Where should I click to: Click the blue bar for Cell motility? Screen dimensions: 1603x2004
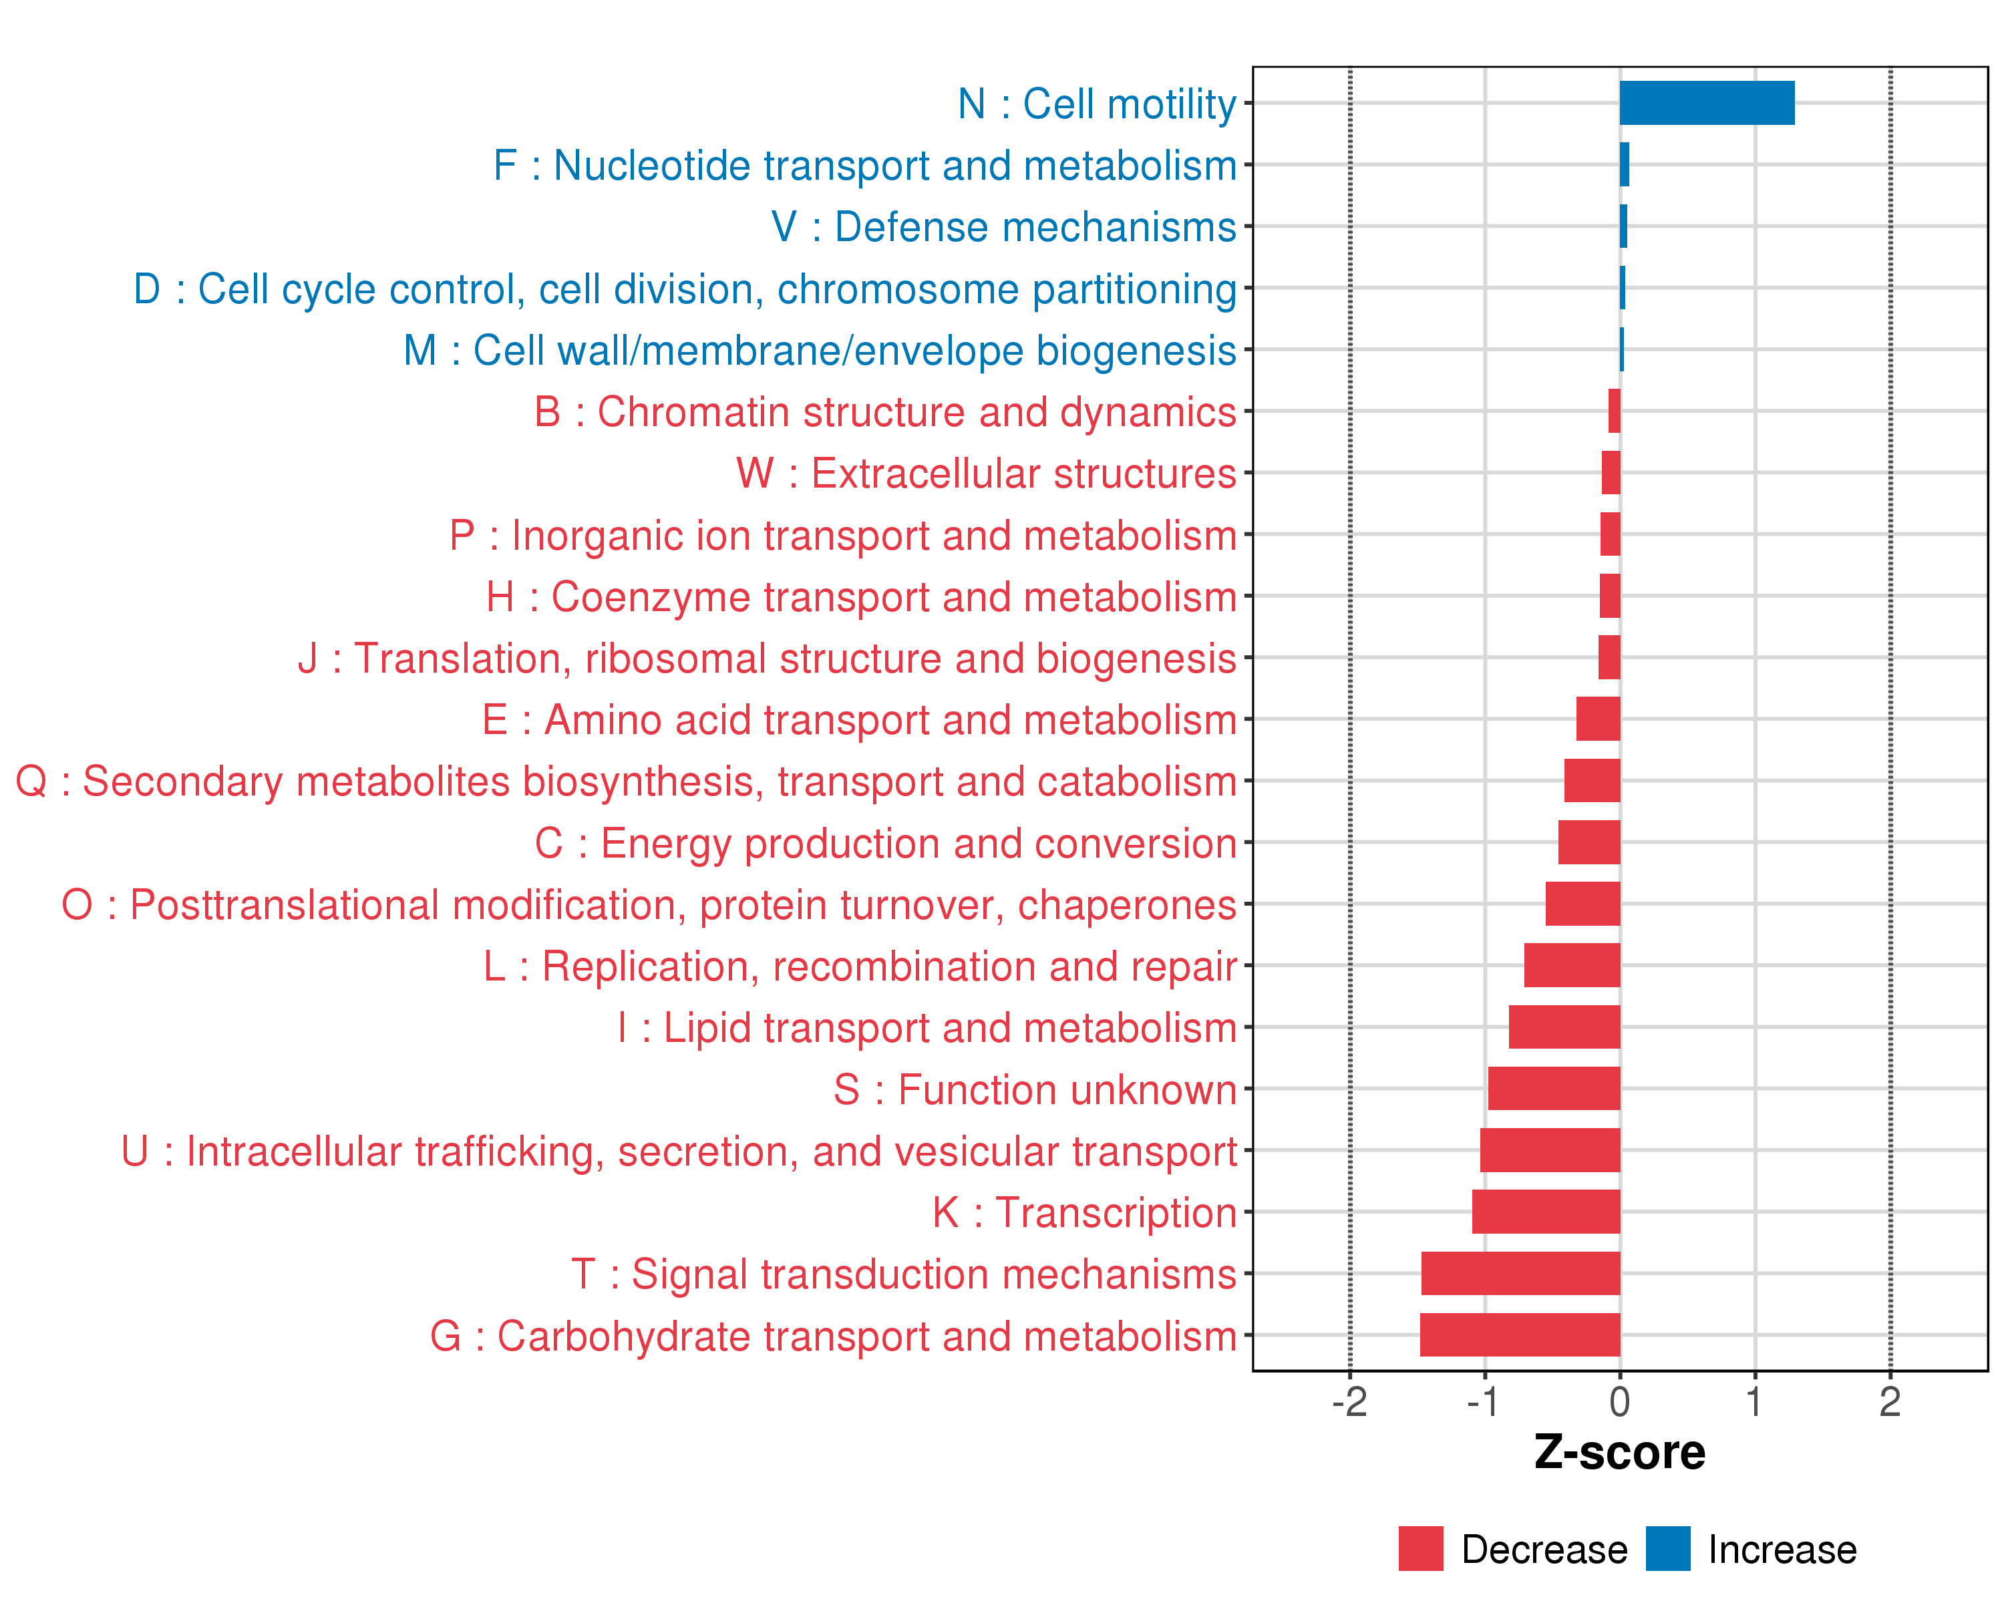pyautogui.click(x=1707, y=103)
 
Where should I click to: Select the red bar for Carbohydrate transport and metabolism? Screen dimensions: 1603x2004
pyautogui.click(x=1520, y=1334)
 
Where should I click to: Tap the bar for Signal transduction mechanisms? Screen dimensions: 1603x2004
pyautogui.click(x=1520, y=1273)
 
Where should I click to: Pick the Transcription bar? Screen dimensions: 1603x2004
pyautogui.click(x=1546, y=1212)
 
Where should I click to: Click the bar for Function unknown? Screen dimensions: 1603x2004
pyautogui.click(x=1554, y=1088)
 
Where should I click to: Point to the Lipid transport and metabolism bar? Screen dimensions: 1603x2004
pyautogui.click(x=1564, y=1027)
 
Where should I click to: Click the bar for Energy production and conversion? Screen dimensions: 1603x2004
pyautogui.click(x=1589, y=842)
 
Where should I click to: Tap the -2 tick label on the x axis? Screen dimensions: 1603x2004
pyautogui.click(x=1349, y=1401)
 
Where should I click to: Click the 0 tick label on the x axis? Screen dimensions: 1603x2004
pyautogui.click(x=1620, y=1401)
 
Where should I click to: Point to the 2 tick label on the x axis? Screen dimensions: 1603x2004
pyautogui.click(x=1890, y=1401)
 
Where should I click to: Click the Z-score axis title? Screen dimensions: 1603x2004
pyautogui.click(x=1620, y=1453)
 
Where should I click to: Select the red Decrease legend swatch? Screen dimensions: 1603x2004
pyautogui.click(x=1420, y=1548)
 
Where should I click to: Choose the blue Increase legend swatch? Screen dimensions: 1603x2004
pyautogui.click(x=1667, y=1548)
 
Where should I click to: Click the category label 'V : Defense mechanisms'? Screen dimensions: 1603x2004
pyautogui.click(x=1004, y=226)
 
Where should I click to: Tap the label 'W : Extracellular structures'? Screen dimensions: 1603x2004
pyautogui.click(x=986, y=473)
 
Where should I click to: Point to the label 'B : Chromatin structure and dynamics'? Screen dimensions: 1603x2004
pyautogui.click(x=885, y=411)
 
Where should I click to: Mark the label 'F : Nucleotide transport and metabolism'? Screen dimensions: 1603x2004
pyautogui.click(x=864, y=166)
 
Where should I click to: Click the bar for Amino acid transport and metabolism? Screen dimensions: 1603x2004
pyautogui.click(x=1599, y=718)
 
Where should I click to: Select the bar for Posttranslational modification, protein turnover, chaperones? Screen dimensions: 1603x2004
pyautogui.click(x=1583, y=903)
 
